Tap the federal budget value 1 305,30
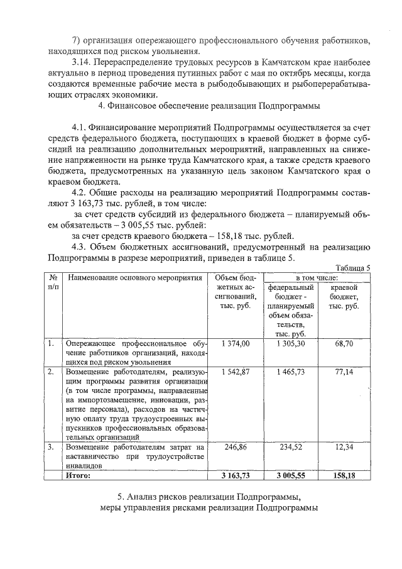coord(291,343)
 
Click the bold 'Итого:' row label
coord(79,476)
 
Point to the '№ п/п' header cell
coord(53,282)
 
